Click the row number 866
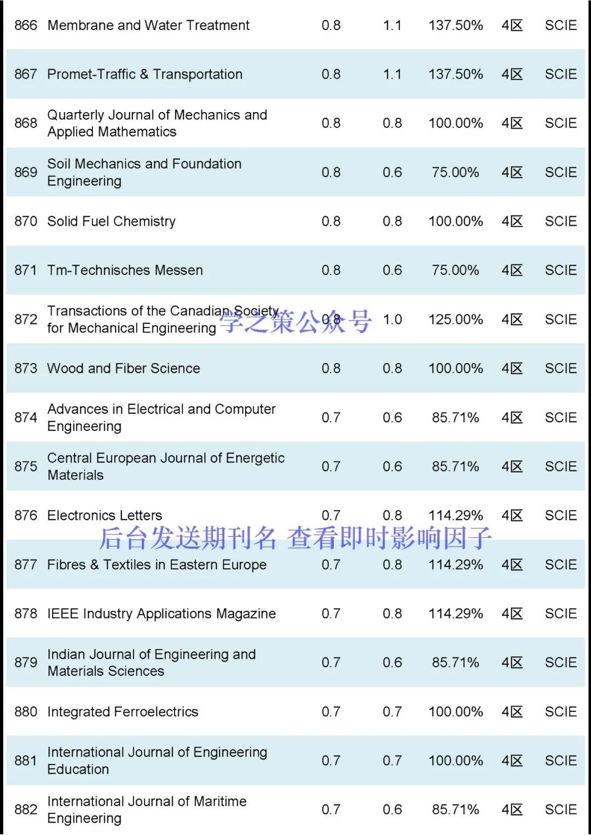tap(26, 25)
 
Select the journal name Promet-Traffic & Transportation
tap(144, 74)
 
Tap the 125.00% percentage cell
tap(455, 319)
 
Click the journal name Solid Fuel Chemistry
tap(111, 221)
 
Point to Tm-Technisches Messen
tap(125, 270)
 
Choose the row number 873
tap(26, 369)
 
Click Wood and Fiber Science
tap(124, 369)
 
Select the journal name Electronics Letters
tap(105, 516)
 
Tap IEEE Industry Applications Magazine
tap(161, 614)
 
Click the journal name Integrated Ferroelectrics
tap(123, 712)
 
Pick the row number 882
tap(26, 810)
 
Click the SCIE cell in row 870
tap(560, 221)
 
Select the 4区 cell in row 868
tap(512, 123)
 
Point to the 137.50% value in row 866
tap(455, 25)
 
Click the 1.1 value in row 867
tap(392, 74)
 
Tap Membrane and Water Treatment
tap(148, 25)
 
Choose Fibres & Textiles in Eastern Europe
tap(157, 565)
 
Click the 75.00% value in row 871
tap(455, 270)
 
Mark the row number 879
tap(26, 663)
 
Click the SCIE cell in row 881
tap(560, 761)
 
